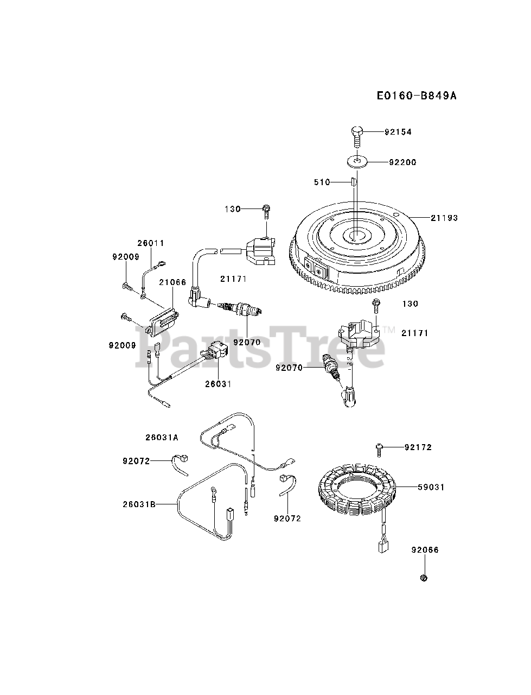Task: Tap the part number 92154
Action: (x=399, y=132)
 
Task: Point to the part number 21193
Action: (x=445, y=218)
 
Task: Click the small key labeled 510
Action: (x=352, y=181)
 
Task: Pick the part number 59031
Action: (x=431, y=487)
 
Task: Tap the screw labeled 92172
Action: (x=379, y=447)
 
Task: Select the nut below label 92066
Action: (x=424, y=577)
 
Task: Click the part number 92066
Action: (x=425, y=550)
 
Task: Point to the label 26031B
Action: (x=139, y=504)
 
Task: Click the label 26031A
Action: (x=162, y=437)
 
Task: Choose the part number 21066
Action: (x=172, y=282)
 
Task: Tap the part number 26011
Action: (x=150, y=243)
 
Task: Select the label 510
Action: (x=322, y=182)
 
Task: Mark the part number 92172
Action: (x=418, y=447)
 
